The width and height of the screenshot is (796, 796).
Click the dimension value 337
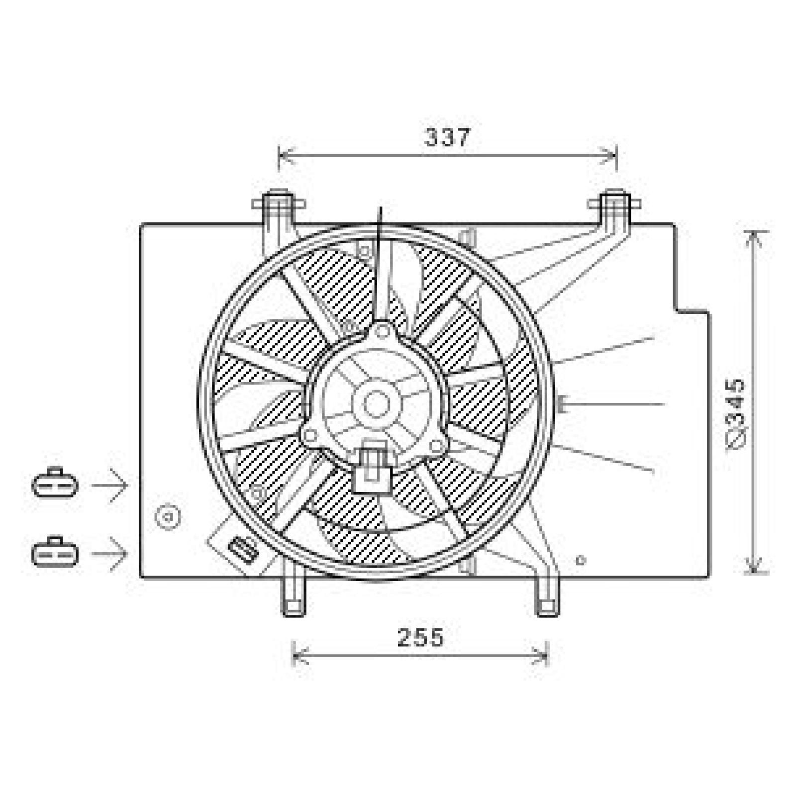(447, 137)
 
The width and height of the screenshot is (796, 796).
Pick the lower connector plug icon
(55, 552)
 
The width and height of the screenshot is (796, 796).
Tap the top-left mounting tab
(279, 207)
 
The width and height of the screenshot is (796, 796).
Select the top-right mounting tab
(614, 206)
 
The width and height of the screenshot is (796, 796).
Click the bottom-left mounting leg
(294, 597)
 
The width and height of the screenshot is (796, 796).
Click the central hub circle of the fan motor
(376, 403)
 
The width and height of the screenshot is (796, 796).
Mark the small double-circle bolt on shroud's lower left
(168, 517)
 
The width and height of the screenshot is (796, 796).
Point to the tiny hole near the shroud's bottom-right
(580, 560)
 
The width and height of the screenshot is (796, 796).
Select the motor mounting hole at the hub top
(382, 331)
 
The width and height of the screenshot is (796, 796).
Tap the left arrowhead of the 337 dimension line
(281, 156)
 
